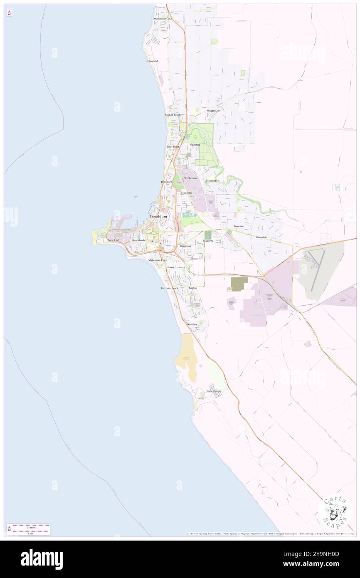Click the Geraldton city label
[158, 217]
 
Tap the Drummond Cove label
[162, 19]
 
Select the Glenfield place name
[153, 61]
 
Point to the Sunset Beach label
[173, 115]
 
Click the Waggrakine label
[213, 111]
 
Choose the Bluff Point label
[173, 147]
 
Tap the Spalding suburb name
[195, 145]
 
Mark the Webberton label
[190, 178]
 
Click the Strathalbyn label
[212, 181]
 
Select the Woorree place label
[238, 226]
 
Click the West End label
[113, 240]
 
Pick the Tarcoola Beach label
[170, 288]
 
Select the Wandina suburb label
[192, 324]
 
